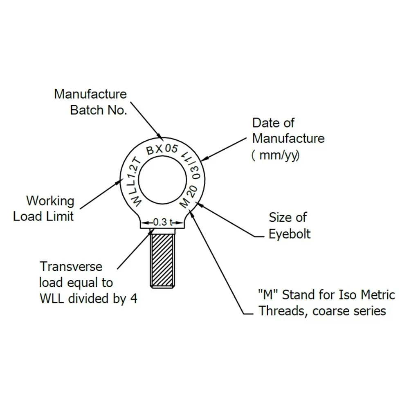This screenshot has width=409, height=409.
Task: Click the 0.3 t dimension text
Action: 163,222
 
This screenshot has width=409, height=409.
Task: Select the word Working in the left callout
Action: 50,201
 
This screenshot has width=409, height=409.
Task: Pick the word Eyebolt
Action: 290,234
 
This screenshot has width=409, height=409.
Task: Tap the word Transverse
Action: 71,267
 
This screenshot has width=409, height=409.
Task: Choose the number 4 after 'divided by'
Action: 133,299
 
